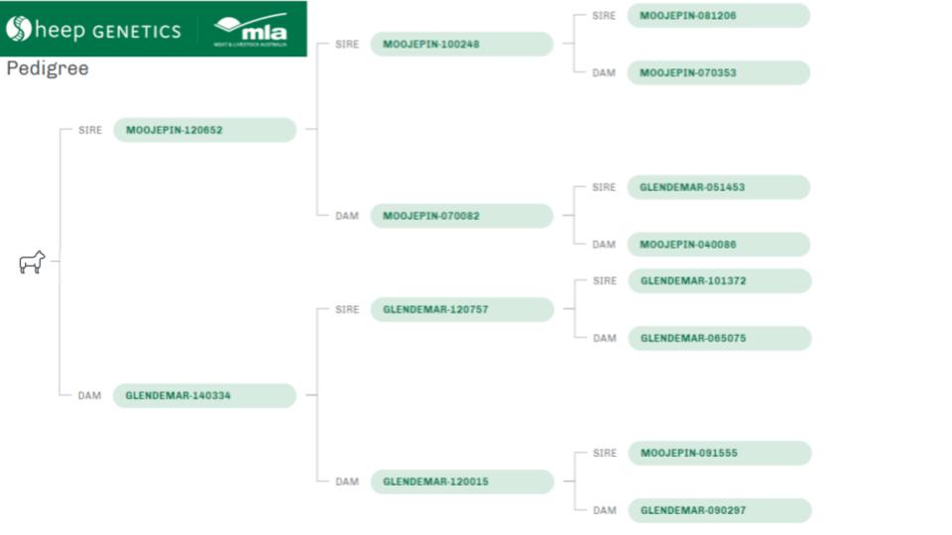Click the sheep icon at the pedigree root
(x=32, y=263)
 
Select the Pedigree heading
(x=47, y=68)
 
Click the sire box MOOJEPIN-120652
(x=204, y=130)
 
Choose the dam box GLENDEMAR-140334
(x=204, y=395)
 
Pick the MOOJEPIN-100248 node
(x=461, y=44)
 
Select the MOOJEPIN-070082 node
(x=461, y=216)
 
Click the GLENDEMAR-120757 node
(x=461, y=309)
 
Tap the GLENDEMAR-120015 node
(x=461, y=481)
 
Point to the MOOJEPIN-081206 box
(x=718, y=16)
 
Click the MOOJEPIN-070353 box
(x=718, y=72)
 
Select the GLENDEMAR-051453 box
(x=718, y=187)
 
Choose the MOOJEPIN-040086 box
(x=718, y=245)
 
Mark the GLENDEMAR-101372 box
(x=719, y=280)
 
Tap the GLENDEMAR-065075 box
(x=719, y=338)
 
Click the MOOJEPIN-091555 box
(x=719, y=453)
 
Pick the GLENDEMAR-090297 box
(x=719, y=510)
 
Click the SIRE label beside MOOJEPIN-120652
(x=90, y=130)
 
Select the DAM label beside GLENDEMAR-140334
(x=89, y=395)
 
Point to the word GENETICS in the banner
(x=137, y=31)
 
